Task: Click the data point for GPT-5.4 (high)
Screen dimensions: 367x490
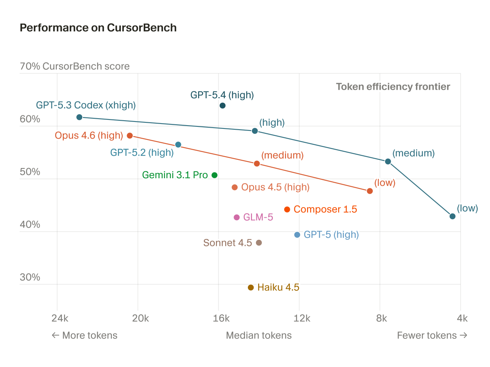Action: click(x=223, y=106)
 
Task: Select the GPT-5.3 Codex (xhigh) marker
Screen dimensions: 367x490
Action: click(x=80, y=117)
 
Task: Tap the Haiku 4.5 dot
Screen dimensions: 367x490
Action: click(x=251, y=287)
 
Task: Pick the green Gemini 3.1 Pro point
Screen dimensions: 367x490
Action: click(x=214, y=175)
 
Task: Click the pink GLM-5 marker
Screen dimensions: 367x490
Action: click(x=236, y=217)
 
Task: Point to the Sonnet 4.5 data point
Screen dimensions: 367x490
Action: click(x=258, y=243)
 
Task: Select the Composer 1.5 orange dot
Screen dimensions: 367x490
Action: click(x=287, y=209)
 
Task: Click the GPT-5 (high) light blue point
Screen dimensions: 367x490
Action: click(x=297, y=234)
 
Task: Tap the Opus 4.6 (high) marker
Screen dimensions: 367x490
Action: click(x=130, y=135)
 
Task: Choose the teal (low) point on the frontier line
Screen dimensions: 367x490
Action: click(x=452, y=216)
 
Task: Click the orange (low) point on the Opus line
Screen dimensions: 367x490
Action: click(x=370, y=191)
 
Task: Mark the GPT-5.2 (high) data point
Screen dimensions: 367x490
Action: click(x=178, y=145)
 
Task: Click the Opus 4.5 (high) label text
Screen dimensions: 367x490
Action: click(x=275, y=187)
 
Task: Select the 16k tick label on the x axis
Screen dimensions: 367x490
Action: click(x=221, y=318)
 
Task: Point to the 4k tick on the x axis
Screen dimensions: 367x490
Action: click(x=462, y=318)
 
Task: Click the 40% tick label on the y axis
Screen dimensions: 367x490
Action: click(x=30, y=225)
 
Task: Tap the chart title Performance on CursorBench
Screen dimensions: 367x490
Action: click(x=98, y=28)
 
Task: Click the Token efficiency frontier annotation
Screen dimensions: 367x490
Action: click(x=393, y=86)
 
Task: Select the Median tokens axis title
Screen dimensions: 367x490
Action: click(x=259, y=335)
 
